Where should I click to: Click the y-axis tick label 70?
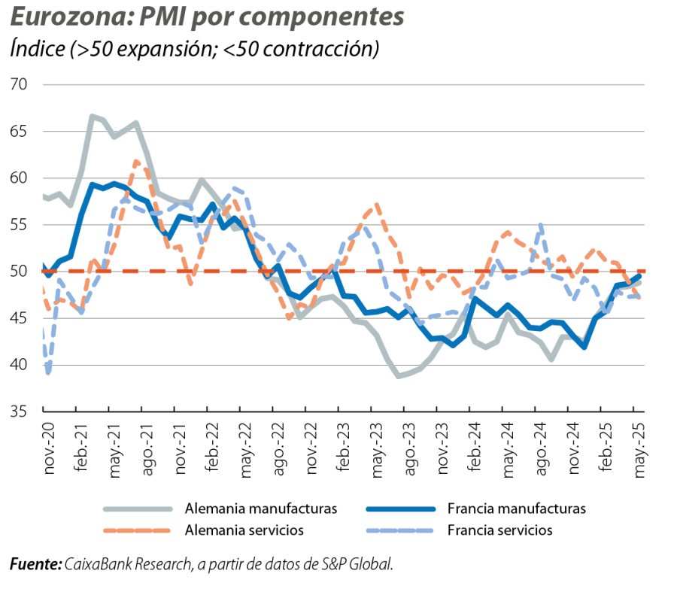20,84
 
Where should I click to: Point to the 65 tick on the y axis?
20,131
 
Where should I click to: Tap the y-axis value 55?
20,225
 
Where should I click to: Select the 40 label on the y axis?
20,365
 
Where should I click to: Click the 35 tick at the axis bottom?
20,411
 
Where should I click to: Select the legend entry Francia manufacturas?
516,509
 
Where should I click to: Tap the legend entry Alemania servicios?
244,530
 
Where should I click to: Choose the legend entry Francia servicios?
499,530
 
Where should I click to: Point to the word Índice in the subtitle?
36,49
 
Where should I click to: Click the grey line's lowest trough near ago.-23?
399,376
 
